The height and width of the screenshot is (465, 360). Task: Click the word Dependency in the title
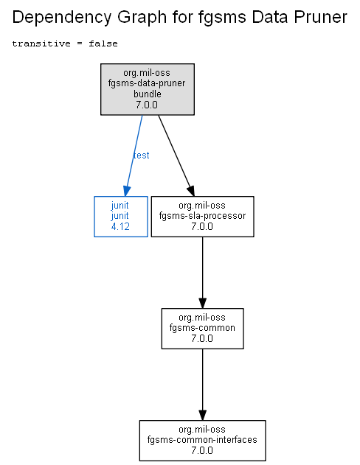pos(62,18)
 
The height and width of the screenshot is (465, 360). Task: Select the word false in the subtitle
pos(103,43)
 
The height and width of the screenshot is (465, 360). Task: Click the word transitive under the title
pos(41,43)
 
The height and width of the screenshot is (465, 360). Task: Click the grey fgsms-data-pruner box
pos(148,89)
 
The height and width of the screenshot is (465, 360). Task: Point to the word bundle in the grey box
pos(148,94)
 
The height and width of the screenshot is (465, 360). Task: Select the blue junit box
pos(121,217)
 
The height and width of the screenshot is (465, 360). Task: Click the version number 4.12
pos(120,226)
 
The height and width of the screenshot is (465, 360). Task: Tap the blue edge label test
pos(141,155)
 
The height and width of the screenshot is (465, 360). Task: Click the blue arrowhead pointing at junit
pos(127,192)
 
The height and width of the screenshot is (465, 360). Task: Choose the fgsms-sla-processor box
pos(202,217)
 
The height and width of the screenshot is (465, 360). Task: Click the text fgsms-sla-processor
pos(202,216)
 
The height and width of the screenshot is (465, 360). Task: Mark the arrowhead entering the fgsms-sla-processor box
pos(191,191)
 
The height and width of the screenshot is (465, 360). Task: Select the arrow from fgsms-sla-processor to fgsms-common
pos(202,273)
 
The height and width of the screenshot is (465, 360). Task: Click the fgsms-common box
pos(202,329)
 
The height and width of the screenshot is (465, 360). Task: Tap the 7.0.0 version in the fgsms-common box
pos(202,338)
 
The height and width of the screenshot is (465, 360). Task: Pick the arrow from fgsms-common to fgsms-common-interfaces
pos(202,385)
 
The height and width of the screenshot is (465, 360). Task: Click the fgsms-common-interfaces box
pos(202,441)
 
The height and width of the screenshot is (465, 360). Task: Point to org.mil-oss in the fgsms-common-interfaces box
pos(202,430)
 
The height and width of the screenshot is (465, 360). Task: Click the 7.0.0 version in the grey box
pos(147,105)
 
